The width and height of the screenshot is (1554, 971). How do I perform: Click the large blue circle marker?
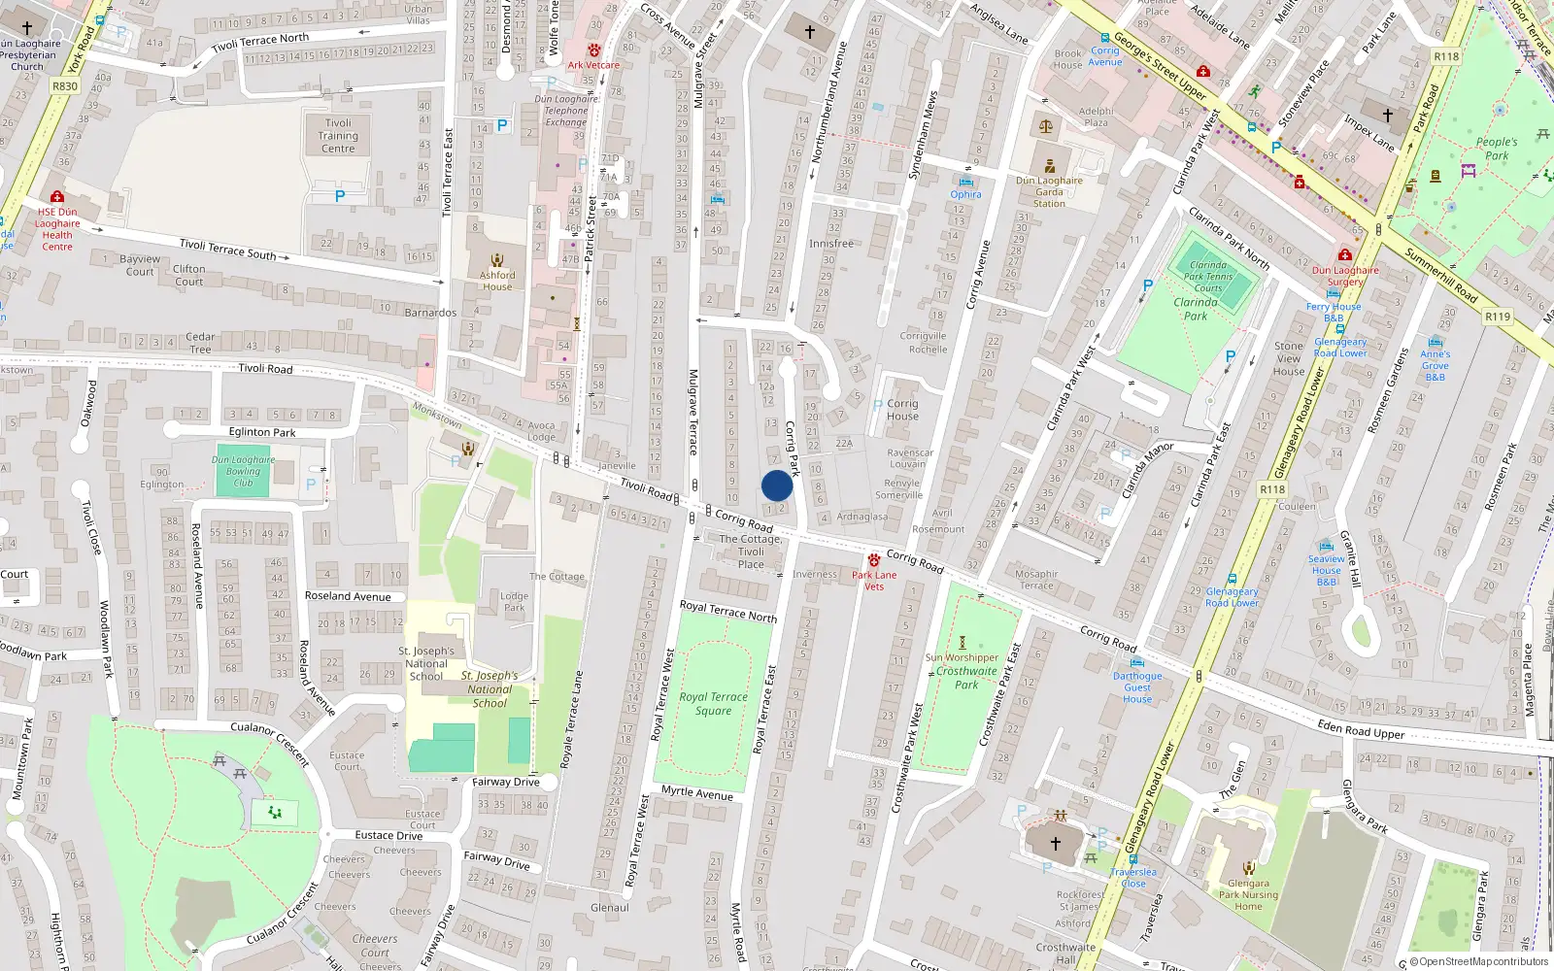pos(777,485)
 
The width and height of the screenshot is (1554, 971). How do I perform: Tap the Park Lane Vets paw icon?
pos(874,560)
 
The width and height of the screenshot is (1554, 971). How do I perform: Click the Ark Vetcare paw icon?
pos(593,50)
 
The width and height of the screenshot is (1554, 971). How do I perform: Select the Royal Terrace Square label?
pos(713,704)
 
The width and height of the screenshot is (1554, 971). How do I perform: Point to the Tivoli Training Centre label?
pos(338,136)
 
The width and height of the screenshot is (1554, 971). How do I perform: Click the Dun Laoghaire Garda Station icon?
pos(1049,165)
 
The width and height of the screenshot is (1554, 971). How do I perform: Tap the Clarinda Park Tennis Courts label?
pos(1208,277)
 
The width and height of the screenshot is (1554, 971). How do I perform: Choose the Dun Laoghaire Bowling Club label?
pos(243,471)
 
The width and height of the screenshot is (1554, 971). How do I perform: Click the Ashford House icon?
pos(497,260)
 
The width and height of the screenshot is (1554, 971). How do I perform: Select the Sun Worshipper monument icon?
pos(963,642)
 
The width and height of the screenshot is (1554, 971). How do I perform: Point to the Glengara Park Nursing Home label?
pos(1248,894)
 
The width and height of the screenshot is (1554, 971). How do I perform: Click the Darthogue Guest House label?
pos(1137,687)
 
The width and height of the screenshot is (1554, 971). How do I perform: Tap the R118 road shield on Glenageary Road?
pos(1272,489)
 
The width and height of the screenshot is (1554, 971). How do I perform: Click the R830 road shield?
pos(64,86)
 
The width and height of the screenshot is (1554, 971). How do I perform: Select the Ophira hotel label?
pos(965,194)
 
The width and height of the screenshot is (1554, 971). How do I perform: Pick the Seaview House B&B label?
pos(1326,570)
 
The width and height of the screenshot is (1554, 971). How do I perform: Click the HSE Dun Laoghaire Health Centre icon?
pos(57,196)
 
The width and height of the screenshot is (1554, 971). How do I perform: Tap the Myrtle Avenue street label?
pos(697,792)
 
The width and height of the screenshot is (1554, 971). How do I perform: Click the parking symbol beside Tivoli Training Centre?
pos(340,196)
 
